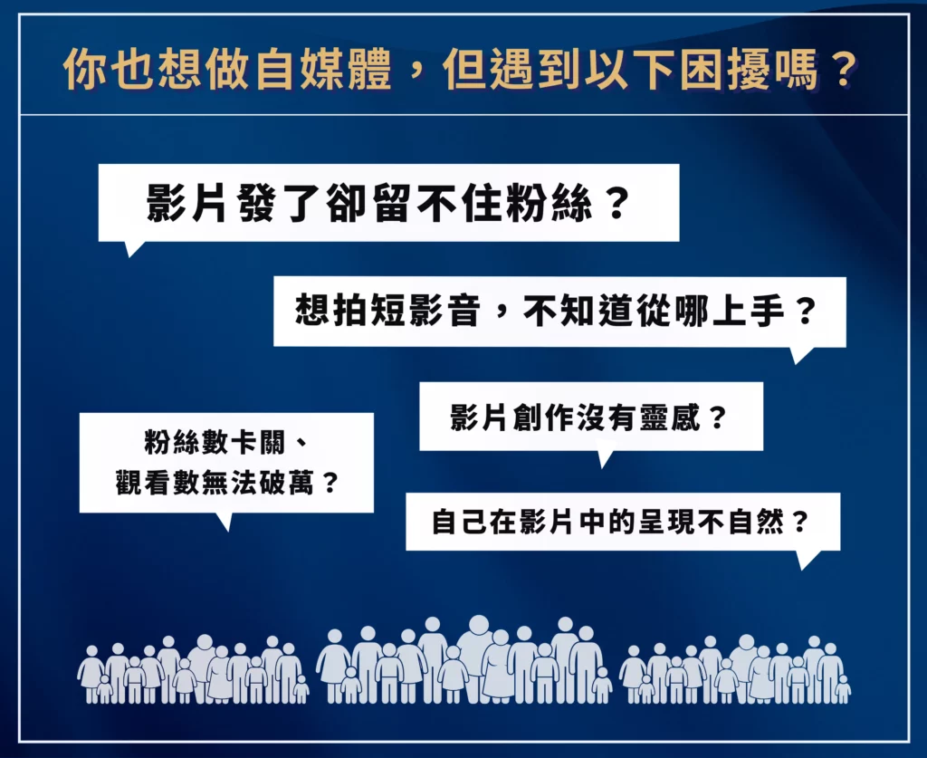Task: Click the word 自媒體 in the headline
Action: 324,70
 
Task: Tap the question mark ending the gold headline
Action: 839,70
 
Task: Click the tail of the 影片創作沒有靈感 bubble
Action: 604,458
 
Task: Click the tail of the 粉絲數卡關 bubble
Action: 225,521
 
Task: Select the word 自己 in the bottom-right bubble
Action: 459,522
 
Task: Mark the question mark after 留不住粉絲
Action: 617,203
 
